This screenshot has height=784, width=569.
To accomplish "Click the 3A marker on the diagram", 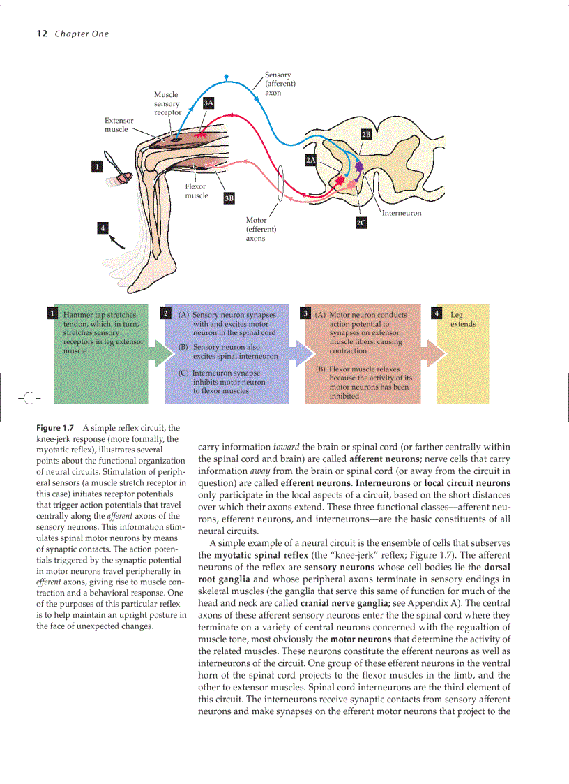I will click(x=208, y=103).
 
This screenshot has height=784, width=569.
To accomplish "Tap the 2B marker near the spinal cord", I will click(x=366, y=134).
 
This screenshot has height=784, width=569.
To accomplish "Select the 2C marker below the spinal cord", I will click(x=360, y=223).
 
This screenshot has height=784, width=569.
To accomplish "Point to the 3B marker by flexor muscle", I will click(x=229, y=199).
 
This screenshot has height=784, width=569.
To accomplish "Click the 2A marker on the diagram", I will click(x=311, y=161).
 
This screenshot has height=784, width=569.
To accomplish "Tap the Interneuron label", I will click(x=402, y=213).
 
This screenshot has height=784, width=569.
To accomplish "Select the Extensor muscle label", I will click(x=119, y=125).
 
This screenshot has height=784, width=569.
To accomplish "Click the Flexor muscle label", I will click(x=196, y=191).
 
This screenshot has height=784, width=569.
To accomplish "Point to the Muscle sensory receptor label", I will click(x=167, y=103).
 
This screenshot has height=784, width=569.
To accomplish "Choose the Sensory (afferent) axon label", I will click(x=280, y=84).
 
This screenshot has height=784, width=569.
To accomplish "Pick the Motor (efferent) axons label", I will click(x=261, y=229).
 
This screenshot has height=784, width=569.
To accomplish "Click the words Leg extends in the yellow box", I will click(x=462, y=320).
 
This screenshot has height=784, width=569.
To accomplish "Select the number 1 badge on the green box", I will click(x=52, y=313).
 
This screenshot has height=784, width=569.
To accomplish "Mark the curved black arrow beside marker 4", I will click(x=118, y=241).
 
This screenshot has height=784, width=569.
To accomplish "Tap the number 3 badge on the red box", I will click(x=305, y=313).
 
